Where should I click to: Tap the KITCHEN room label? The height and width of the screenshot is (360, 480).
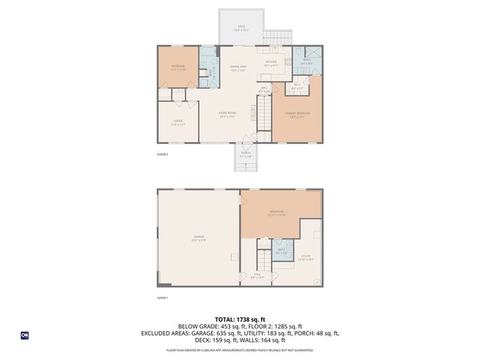coord(271,64)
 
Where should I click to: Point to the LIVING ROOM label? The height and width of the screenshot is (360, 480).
coord(228,114)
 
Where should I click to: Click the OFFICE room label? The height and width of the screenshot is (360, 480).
coord(178,121)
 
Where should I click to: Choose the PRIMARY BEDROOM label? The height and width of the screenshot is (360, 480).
coord(298,114)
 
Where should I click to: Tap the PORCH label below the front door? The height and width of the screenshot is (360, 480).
coord(245,154)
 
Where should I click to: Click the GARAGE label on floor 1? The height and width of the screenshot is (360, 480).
coord(198,238)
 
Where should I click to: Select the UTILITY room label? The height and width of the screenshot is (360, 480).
coord(306,257)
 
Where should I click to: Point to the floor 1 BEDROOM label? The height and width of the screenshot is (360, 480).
coord(277,213)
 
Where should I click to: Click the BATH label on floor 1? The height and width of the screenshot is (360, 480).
coord(281,252)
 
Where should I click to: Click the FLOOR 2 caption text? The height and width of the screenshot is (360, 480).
coord(162,154)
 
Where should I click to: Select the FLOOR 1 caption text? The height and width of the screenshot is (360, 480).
coord(162,298)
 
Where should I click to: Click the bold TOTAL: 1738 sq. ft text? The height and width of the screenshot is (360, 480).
coord(240,319)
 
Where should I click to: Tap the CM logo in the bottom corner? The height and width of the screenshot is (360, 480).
coord(25,334)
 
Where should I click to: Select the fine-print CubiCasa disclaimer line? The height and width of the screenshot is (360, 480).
coord(240,350)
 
